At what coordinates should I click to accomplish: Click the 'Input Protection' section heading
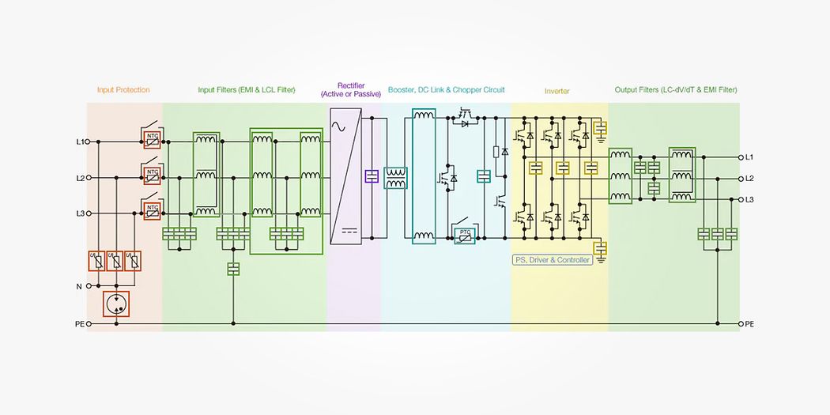tap(123, 90)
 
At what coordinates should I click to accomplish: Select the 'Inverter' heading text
tap(556, 91)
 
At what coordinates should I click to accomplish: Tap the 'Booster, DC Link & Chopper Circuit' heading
tap(446, 90)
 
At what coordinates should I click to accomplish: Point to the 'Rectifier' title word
tap(351, 85)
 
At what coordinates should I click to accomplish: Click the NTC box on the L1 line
tap(152, 138)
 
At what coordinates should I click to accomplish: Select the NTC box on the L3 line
tap(152, 209)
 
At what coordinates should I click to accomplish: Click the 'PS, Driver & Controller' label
tap(553, 259)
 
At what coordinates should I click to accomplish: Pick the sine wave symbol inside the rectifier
tap(341, 126)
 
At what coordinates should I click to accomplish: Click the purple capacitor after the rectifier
tap(372, 176)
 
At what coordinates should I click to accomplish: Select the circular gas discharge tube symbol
tap(117, 304)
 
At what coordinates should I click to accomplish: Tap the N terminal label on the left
tap(78, 286)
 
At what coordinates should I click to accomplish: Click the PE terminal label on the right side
tap(749, 324)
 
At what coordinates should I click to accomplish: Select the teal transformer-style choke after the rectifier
tap(395, 178)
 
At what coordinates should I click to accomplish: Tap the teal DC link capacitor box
tap(484, 176)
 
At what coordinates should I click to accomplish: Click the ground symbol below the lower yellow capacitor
tap(601, 260)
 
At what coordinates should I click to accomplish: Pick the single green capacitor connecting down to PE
tap(233, 269)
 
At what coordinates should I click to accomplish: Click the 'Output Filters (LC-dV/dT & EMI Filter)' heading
tap(676, 90)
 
